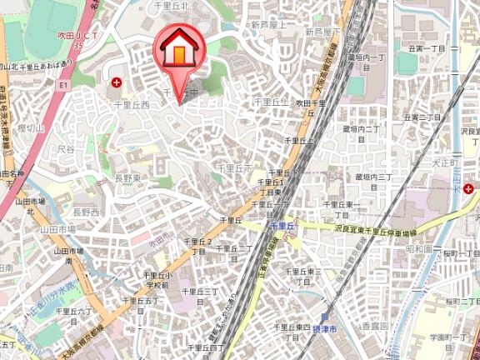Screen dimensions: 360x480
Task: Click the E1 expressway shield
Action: pos(63,84)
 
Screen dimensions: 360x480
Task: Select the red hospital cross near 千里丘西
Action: pos(117,83)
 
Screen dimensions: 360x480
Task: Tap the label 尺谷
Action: pos(66,150)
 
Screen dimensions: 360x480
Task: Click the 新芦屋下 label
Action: pos(322,31)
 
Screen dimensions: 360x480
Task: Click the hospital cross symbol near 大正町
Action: pos(470,190)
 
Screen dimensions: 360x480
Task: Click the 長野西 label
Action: pos(85,212)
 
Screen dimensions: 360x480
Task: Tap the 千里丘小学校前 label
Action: pos(157,279)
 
